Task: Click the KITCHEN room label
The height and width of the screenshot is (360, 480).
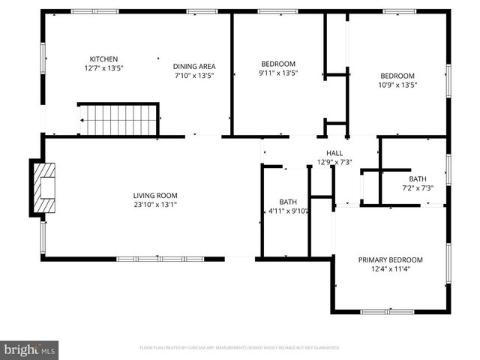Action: [x=104, y=59]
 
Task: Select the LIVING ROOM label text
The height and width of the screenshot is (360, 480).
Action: [x=154, y=196]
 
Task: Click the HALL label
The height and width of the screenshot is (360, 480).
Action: [x=334, y=153]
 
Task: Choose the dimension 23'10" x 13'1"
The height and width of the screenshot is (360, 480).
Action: [x=154, y=205]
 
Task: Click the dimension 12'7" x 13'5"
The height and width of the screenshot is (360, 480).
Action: [x=104, y=68]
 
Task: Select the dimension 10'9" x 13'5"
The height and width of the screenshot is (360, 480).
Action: [x=397, y=85]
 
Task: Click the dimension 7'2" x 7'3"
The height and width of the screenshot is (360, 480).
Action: [x=418, y=187]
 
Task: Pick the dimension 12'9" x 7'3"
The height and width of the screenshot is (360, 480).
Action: [x=334, y=162]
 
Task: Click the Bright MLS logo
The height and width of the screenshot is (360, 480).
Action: [x=30, y=349]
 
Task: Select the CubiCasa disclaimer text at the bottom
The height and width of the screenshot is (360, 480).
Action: [x=240, y=348]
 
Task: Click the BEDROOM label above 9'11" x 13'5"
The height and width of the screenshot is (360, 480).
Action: [x=278, y=64]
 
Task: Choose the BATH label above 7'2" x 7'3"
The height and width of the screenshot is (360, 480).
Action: [x=418, y=178]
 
